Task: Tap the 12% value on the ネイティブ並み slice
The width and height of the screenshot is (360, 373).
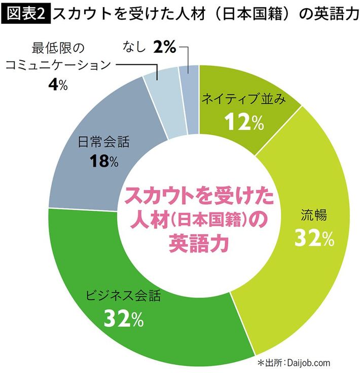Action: coord(238,121)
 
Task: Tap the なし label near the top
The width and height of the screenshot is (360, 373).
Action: coord(135,48)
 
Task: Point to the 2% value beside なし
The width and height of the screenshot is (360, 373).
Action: coord(165,48)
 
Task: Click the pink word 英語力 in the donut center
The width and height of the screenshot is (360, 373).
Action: coord(198,242)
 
